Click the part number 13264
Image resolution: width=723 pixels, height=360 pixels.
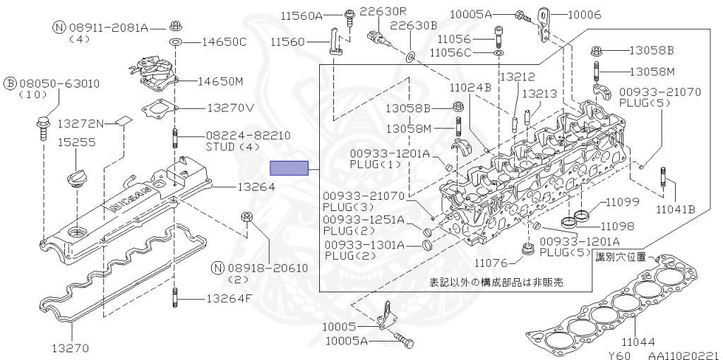[x=256, y=187]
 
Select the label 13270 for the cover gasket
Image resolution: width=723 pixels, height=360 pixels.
[x=70, y=349]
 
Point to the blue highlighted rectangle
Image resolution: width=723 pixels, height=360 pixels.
[x=289, y=168]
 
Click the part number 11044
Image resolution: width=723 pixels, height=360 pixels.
[x=638, y=342]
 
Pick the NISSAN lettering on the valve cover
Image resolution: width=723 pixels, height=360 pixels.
[x=129, y=200]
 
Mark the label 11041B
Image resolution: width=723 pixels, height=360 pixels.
[x=676, y=210]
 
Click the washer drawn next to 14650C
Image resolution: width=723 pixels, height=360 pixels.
[x=174, y=42]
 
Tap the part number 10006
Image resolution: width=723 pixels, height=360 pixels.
[x=584, y=15]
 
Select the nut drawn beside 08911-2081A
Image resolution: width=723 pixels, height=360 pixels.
[x=174, y=25]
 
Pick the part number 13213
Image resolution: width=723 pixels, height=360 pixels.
[x=539, y=94]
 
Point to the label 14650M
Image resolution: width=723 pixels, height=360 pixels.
[x=220, y=82]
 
